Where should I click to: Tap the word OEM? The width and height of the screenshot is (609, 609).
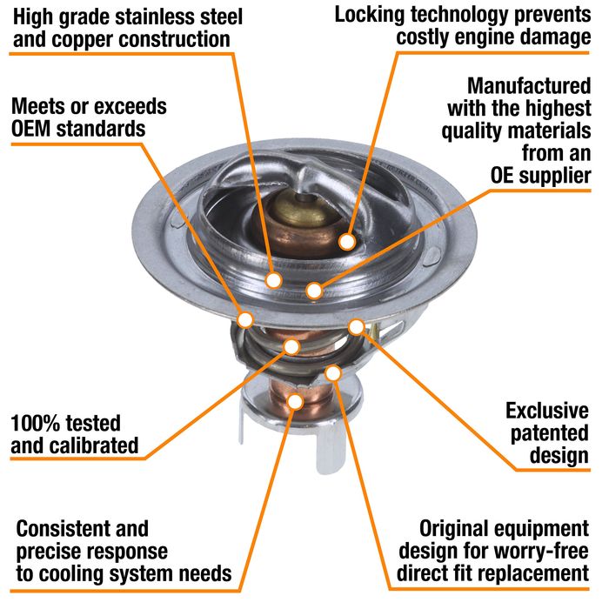point(39,129)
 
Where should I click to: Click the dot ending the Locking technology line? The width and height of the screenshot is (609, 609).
point(347,241)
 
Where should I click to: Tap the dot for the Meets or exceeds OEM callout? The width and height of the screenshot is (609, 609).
point(245,318)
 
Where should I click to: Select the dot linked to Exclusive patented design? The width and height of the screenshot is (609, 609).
point(356,326)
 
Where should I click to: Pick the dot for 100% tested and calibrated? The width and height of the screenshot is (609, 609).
point(291,347)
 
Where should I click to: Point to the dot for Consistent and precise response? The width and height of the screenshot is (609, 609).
point(295,401)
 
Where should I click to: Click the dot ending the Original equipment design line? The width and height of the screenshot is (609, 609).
point(332,373)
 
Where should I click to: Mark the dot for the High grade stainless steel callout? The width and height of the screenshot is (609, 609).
point(273,280)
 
